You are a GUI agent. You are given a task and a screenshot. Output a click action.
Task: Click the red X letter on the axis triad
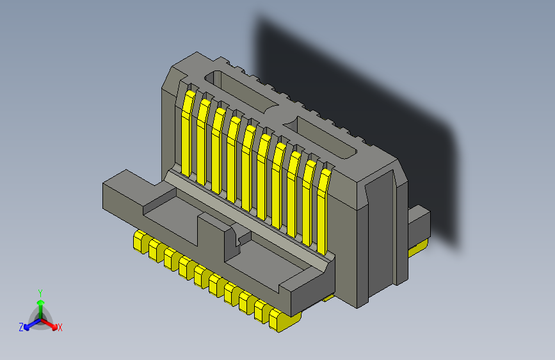pyautogui.click(x=60, y=328)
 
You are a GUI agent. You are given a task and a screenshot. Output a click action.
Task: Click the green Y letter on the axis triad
pyautogui.click(x=40, y=292)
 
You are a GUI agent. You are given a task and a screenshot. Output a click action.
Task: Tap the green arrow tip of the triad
pyautogui.click(x=40, y=301)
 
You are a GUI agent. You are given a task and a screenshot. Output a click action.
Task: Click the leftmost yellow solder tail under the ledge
pyautogui.click(x=139, y=241)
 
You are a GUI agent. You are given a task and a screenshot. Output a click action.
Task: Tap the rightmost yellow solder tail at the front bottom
pyautogui.click(x=278, y=320)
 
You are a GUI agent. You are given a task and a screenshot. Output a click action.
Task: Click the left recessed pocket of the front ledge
pyautogui.click(x=170, y=212)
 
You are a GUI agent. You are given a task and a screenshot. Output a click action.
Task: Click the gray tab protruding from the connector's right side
pyautogui.click(x=419, y=225)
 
